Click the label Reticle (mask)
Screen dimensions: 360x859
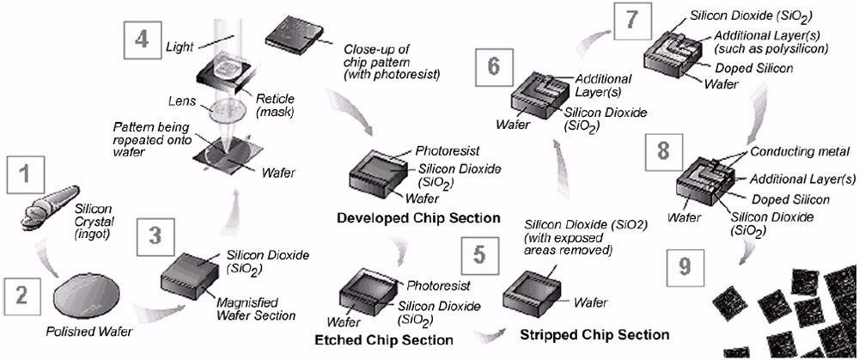pos(275,103)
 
